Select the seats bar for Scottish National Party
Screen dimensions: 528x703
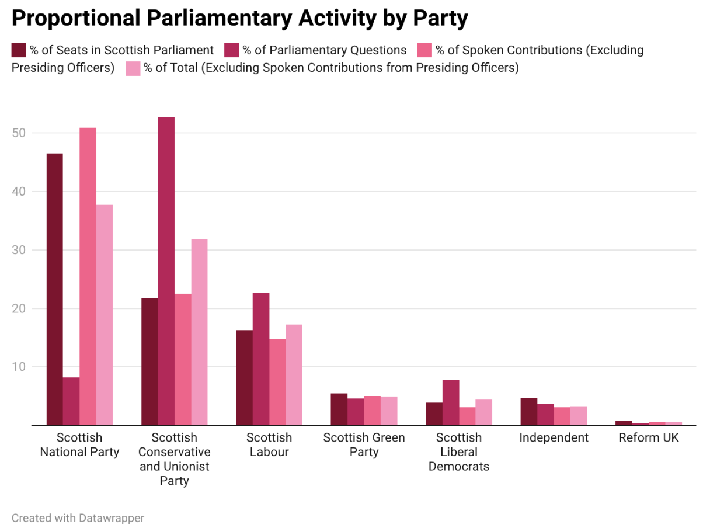55,289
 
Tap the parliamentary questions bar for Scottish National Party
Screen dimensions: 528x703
71,401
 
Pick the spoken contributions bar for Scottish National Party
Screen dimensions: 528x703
88,276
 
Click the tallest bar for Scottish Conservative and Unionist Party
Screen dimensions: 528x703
166,271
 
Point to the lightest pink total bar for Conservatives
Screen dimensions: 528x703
199,332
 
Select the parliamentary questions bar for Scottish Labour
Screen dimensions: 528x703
261,359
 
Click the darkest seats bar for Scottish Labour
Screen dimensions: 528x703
244,377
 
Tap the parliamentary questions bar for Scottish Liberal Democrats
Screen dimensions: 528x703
451,402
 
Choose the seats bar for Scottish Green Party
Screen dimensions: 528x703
339,409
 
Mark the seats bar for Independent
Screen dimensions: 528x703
529,411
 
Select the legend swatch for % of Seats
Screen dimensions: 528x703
19,50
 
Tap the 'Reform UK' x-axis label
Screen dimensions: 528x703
649,437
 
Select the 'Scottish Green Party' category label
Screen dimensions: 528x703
364,444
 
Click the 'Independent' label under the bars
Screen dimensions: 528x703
554,437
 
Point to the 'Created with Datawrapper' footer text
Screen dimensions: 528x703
78,517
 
